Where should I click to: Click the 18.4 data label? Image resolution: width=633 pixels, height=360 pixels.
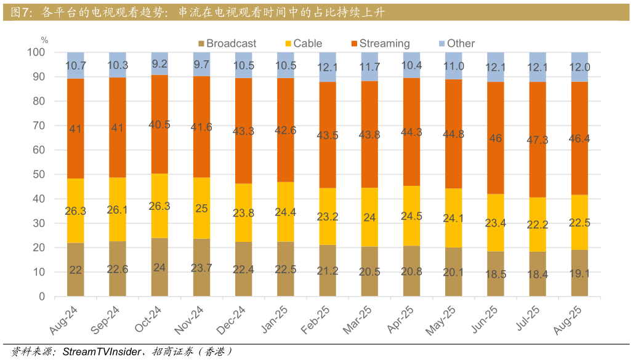coord(538,274)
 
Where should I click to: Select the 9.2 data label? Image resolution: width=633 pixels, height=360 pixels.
coord(159,63)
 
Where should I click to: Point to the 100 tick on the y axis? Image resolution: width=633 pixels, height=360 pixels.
coord(36,52)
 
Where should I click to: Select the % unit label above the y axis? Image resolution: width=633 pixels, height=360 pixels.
coord(44,40)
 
